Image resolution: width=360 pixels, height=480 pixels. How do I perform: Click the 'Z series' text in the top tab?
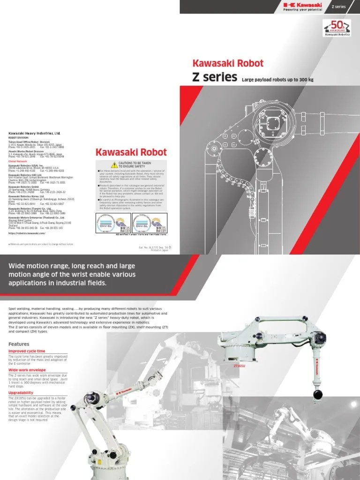click(338, 7)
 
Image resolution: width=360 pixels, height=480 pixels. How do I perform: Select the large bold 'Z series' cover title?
click(214, 78)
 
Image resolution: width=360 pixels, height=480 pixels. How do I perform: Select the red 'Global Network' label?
click(18, 161)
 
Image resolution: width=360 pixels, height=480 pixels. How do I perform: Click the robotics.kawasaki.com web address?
click(27, 233)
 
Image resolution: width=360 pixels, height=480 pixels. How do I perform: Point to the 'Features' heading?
click(18, 344)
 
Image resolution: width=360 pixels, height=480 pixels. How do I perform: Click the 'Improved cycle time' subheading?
click(27, 351)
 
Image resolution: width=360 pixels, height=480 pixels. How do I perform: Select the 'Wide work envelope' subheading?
click(27, 370)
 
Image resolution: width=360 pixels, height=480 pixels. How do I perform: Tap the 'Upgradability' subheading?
click(21, 392)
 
